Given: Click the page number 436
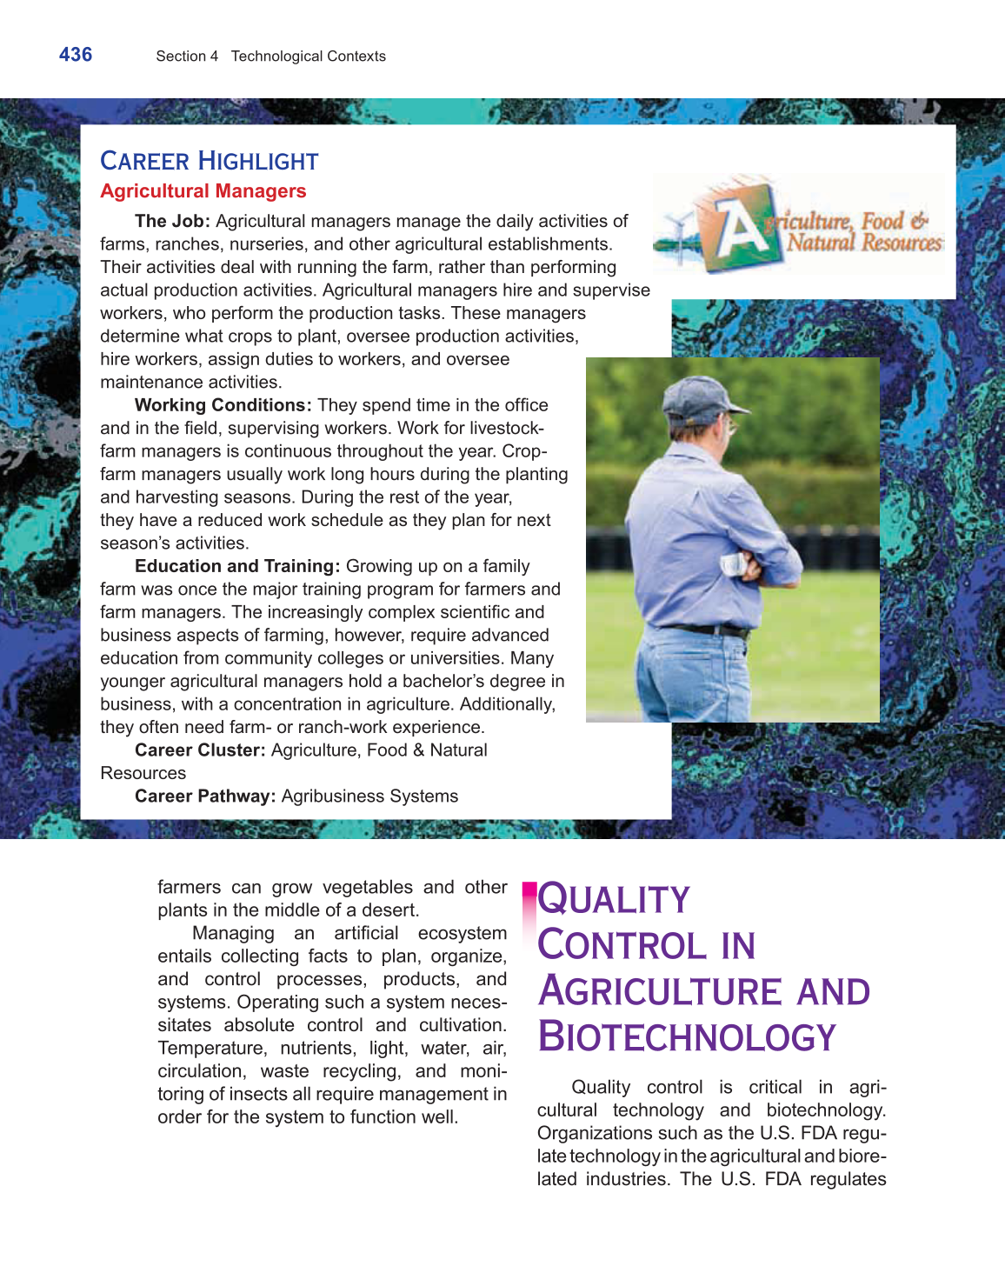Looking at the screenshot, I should coord(76,55).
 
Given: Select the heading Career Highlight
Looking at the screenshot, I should coord(209,161).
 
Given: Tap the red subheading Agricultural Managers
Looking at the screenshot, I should coord(203,191).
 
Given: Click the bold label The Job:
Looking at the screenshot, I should coord(172,222).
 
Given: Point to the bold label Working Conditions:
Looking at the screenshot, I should coord(223,405).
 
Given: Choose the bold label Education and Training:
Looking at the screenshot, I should coord(236,566).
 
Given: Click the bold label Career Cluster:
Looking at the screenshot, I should coord(199,750).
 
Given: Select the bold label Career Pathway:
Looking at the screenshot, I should coord(204,796).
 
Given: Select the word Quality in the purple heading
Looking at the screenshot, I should coord(614,900).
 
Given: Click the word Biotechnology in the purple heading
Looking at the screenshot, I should coord(687,1037).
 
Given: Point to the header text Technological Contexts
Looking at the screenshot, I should coord(308,57).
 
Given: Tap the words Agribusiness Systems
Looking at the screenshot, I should coord(369,796).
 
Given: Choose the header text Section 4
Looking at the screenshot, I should coord(187,57).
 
